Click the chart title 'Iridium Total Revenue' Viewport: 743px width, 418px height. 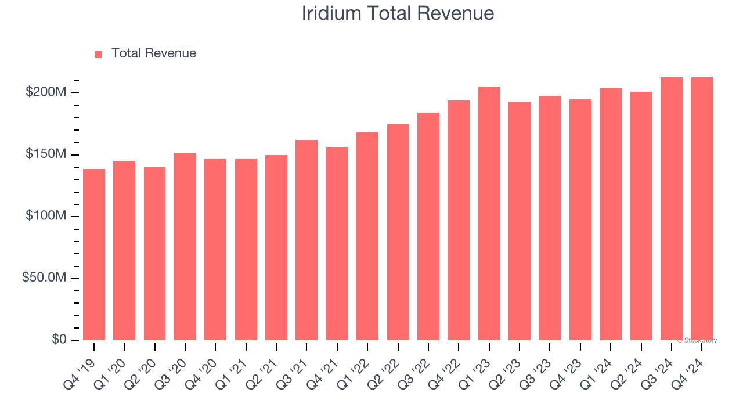pos(398,13)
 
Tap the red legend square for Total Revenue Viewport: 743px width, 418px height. pos(99,54)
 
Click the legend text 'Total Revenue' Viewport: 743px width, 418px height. pos(154,53)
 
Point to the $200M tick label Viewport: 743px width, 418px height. pos(46,92)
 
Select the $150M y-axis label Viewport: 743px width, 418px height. pos(46,154)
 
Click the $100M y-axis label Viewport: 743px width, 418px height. pos(46,216)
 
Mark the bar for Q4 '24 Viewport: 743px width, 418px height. pos(702,208)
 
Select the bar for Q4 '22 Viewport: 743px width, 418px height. pos(459,220)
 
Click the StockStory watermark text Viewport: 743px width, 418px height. pos(697,340)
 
